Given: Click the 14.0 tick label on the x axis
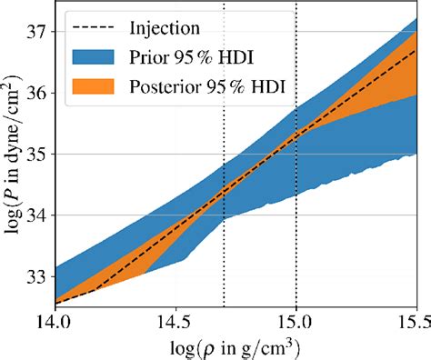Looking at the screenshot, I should click(x=55, y=322).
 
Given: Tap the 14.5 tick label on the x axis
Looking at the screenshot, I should click(x=175, y=322).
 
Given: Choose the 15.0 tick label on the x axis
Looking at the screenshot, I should click(x=296, y=322).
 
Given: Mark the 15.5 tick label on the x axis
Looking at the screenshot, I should click(x=414, y=322).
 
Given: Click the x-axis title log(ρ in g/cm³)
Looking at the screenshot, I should click(x=236, y=347).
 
